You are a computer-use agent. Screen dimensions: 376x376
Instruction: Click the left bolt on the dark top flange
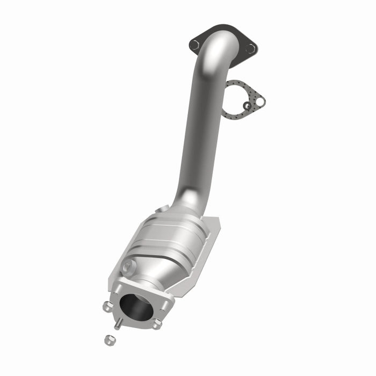[x=194, y=45]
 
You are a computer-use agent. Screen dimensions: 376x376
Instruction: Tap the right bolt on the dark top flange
[x=250, y=48]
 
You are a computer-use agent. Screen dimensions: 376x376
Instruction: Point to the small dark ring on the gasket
[x=247, y=106]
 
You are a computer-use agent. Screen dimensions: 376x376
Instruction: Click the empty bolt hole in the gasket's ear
[x=259, y=101]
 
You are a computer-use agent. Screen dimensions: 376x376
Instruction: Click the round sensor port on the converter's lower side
[x=127, y=266]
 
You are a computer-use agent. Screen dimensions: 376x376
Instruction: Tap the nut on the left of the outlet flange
[x=106, y=307]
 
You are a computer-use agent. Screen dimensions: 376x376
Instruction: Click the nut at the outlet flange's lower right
[x=156, y=324]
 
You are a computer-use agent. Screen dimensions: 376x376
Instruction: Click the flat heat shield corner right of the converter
[x=214, y=226]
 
